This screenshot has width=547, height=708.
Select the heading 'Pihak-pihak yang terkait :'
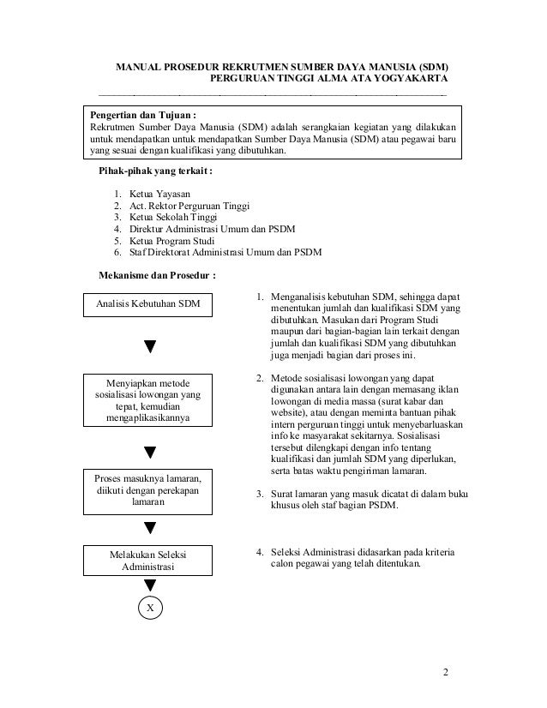[x=157, y=171]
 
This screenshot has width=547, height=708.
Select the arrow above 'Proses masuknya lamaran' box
[x=150, y=450]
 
